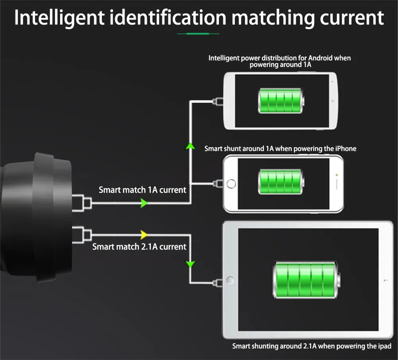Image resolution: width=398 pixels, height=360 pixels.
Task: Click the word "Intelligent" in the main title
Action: pos(59,18)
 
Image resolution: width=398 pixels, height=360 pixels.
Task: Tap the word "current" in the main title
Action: pos(352,18)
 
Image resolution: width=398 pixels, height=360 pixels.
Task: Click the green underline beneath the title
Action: pos(198,33)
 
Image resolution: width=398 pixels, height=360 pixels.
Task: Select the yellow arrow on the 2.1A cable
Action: pos(144,235)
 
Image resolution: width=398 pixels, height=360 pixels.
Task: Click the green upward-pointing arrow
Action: pos(190,146)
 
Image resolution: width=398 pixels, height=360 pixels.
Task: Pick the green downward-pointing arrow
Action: pos(190,264)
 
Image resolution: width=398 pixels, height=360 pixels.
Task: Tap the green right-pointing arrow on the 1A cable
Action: pos(144,203)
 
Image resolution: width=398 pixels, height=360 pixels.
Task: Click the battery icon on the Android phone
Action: pos(281,101)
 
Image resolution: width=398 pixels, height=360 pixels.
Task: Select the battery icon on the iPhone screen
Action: pos(281,182)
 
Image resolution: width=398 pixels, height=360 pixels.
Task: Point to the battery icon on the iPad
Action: pos(306,280)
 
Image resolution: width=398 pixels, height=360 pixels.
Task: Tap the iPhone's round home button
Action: pos(231,184)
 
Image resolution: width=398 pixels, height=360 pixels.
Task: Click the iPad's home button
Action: pos(230,280)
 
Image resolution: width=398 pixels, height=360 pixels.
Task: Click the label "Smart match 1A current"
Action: pos(142,190)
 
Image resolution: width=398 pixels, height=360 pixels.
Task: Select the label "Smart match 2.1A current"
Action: pos(139,247)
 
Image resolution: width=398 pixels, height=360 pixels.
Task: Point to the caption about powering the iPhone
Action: pos(280,148)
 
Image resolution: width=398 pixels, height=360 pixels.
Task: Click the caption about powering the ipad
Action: pos(312,346)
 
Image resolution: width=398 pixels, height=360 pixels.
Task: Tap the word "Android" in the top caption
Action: pos(320,58)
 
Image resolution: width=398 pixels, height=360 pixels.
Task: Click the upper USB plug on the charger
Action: pos(82,203)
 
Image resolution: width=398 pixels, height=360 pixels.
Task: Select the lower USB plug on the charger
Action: pos(82,235)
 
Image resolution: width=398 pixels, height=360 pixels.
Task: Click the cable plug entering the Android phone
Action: pos(218,101)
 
